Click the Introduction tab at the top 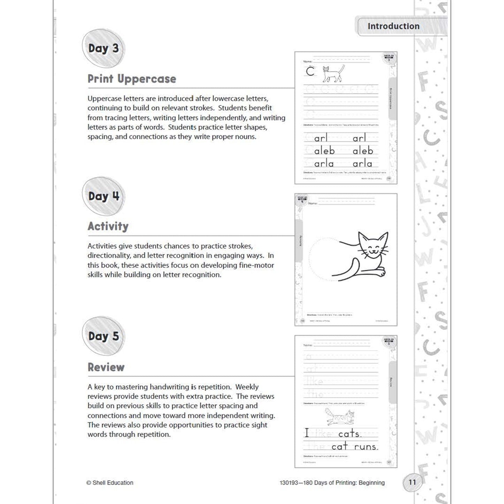click(393, 26)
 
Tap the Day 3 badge click(103, 48)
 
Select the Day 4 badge click(103, 196)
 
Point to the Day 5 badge click(103, 336)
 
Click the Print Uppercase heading click(132, 79)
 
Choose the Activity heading click(108, 226)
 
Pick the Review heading click(106, 367)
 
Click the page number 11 click(412, 482)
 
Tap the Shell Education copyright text click(110, 483)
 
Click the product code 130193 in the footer click(288, 483)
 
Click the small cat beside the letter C click(333, 73)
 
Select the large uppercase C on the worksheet click(310, 72)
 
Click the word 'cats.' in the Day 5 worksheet click(350, 434)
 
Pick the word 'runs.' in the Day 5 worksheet click(366, 447)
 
